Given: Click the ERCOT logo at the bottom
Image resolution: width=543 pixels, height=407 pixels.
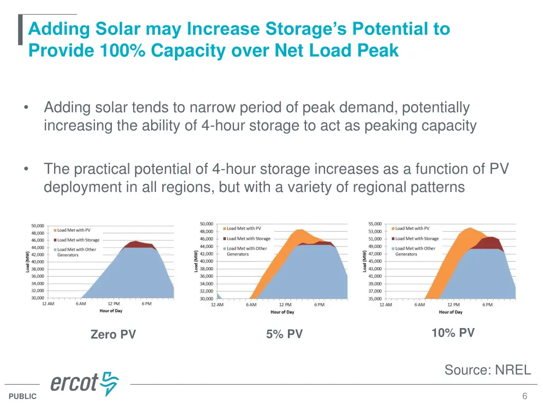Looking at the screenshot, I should (x=85, y=383).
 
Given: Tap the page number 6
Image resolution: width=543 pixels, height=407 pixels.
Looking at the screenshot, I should (x=524, y=396).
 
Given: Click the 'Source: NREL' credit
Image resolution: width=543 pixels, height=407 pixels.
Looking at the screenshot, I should (x=487, y=370).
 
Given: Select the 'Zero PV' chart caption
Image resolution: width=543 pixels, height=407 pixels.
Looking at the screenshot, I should (x=113, y=334).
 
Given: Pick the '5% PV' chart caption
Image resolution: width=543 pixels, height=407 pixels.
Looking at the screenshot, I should (x=284, y=334).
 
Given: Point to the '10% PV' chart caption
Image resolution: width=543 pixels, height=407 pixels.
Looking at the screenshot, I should (x=453, y=333).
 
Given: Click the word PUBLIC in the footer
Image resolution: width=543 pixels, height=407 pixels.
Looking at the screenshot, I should (x=23, y=396).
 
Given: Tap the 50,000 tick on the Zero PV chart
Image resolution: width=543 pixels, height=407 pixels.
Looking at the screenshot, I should (x=37, y=226).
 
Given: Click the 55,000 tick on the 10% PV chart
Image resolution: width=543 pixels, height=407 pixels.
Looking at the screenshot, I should (x=374, y=224).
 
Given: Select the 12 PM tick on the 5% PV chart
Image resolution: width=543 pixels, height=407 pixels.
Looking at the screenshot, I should (x=285, y=305).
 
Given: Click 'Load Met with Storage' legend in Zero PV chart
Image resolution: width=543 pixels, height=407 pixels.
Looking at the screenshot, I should (x=78, y=240).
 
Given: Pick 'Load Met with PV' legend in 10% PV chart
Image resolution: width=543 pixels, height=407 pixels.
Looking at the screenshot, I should (x=412, y=228).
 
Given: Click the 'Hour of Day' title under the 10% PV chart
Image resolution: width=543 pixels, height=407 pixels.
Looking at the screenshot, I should (x=450, y=312).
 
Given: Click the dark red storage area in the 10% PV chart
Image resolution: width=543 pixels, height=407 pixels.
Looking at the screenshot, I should (x=491, y=243).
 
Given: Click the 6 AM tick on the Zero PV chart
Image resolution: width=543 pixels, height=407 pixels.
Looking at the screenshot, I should (x=81, y=304).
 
